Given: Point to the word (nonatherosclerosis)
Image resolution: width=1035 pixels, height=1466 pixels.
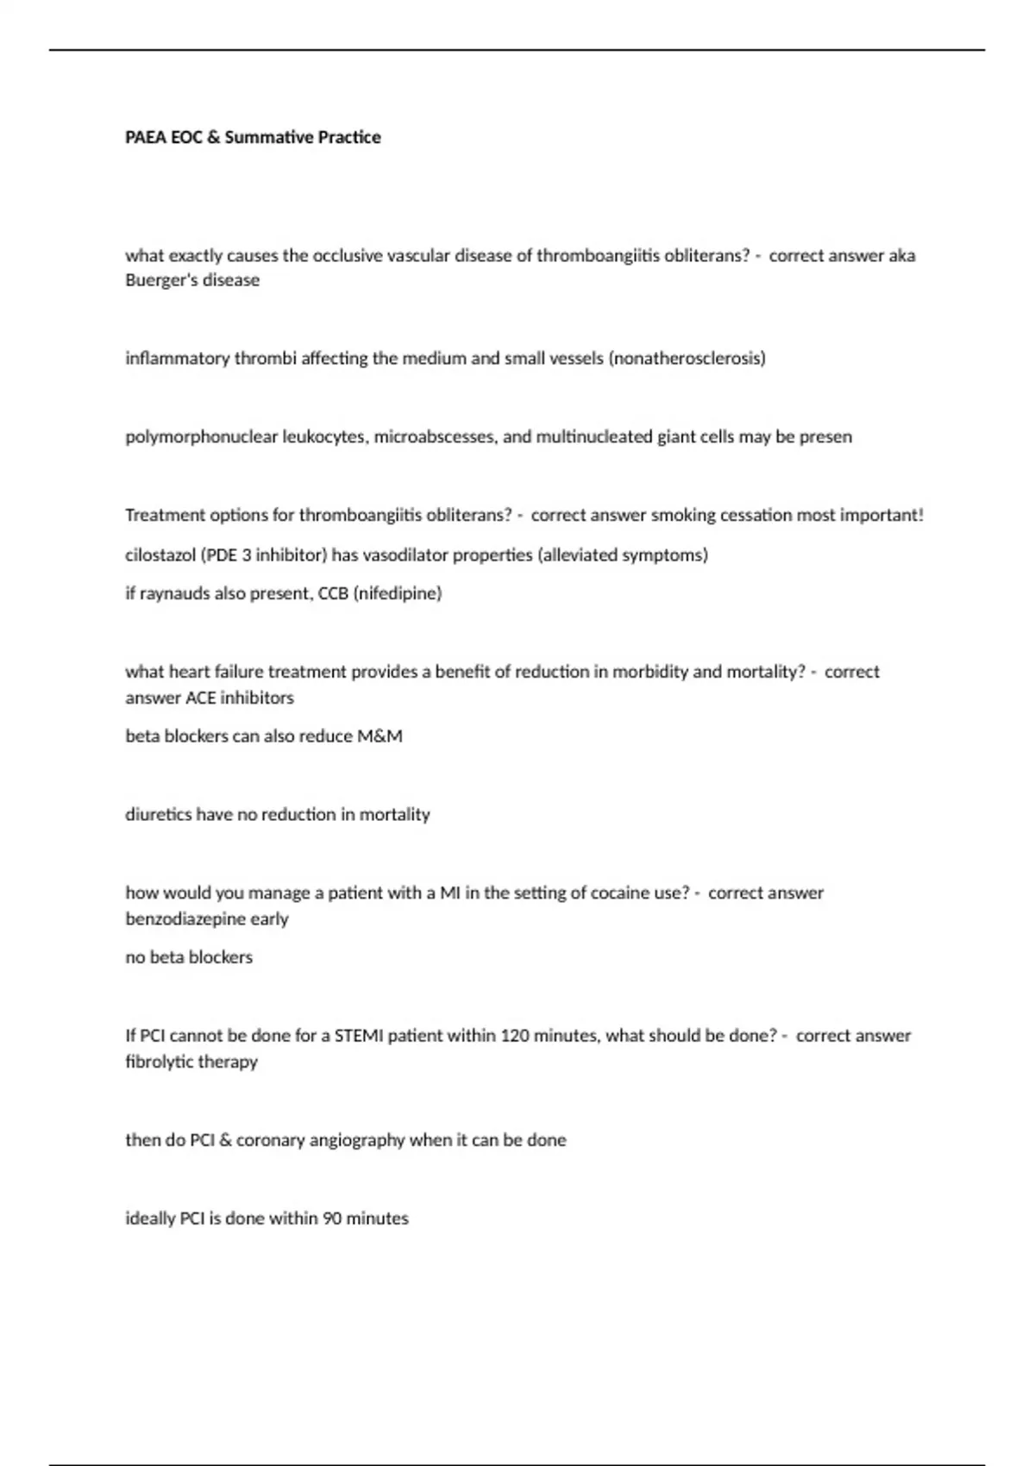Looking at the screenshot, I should (x=687, y=358).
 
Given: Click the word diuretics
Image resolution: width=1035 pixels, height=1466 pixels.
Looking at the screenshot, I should (x=158, y=815).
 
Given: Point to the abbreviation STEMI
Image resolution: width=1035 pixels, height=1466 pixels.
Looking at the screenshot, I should (x=358, y=1036).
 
